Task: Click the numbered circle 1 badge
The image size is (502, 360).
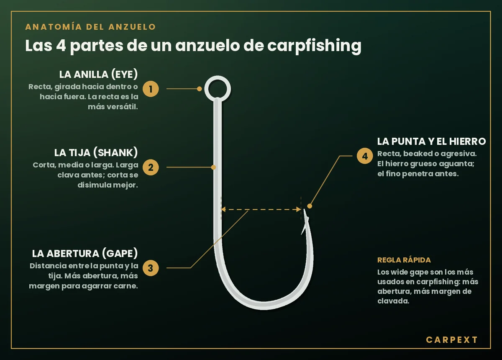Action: [151, 89]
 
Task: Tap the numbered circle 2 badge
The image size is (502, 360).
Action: [151, 167]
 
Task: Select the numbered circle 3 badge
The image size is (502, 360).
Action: [151, 268]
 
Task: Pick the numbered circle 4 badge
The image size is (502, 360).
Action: [365, 156]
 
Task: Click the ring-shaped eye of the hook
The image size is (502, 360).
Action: [205, 89]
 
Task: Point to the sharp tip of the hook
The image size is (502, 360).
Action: [304, 210]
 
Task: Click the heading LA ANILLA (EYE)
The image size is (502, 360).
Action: [98, 74]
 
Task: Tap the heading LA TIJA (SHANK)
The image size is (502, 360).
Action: [96, 152]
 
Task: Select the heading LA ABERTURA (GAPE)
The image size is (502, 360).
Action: [85, 253]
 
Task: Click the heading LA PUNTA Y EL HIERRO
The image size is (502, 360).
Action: [432, 141]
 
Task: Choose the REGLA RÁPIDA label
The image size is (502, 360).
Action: [404, 260]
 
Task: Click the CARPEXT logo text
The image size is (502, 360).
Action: [451, 340]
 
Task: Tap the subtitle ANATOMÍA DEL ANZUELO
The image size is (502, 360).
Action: [90, 27]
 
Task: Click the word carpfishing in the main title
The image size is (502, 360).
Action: [314, 46]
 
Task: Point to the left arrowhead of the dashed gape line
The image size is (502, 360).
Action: [223, 209]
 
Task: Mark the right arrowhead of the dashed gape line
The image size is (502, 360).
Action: [299, 209]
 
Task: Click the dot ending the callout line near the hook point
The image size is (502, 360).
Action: [310, 206]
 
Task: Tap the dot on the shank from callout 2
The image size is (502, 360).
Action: [213, 167]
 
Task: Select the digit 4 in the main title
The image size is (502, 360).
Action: [61, 46]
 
